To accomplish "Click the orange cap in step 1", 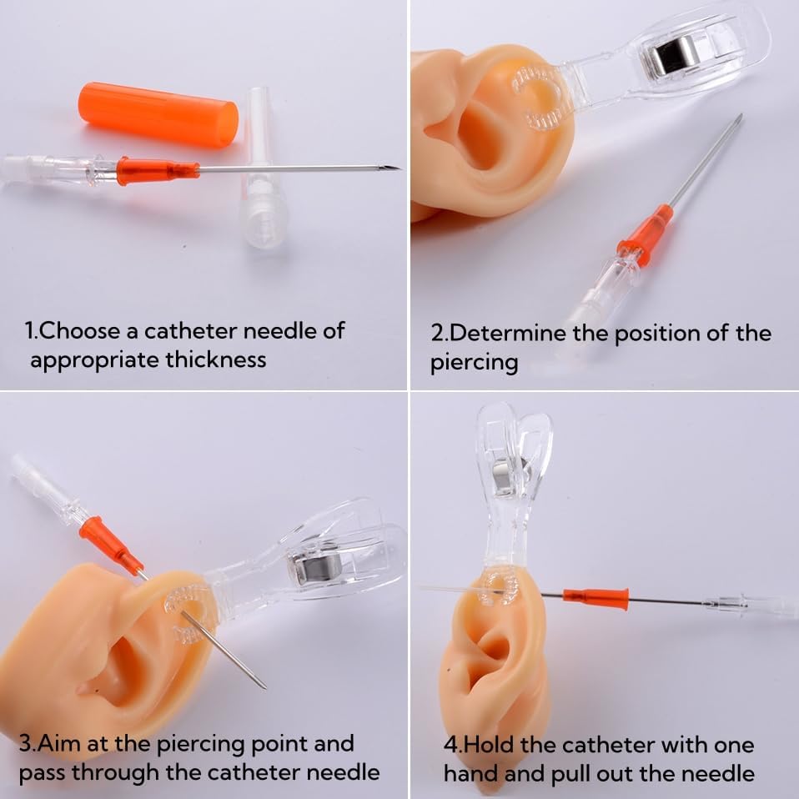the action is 158,115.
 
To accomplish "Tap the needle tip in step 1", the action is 400,168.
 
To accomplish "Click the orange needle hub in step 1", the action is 158,170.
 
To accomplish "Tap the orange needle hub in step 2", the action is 646,231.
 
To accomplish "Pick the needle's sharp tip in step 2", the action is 740,116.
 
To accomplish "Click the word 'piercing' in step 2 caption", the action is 474,364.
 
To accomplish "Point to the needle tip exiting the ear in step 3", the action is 263,686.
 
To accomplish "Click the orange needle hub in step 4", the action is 595,599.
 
